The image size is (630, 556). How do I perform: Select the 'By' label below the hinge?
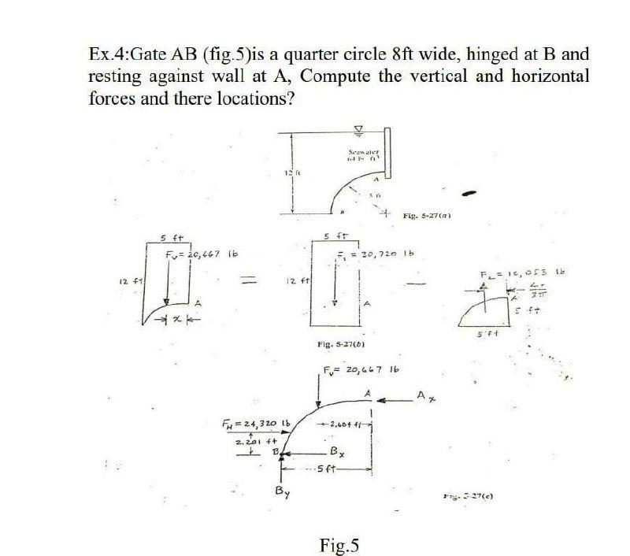tap(281, 494)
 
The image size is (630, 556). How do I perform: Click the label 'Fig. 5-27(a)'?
tap(425, 214)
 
